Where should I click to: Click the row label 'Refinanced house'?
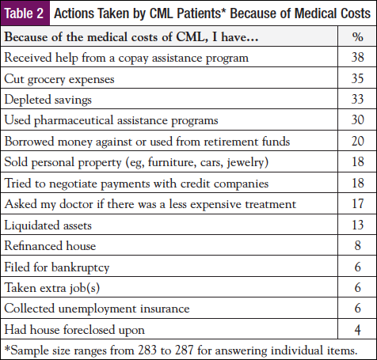tap(47, 244)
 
